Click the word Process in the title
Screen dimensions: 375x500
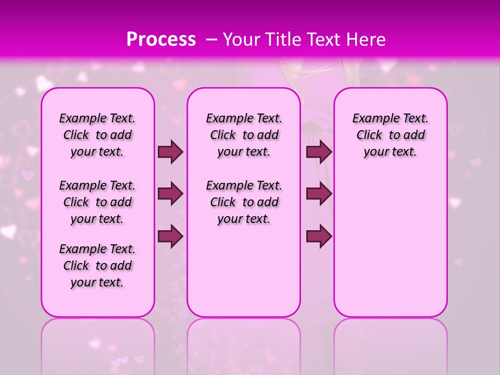coord(161,40)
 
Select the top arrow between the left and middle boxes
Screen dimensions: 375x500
coord(170,152)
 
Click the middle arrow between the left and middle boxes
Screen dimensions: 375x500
coord(170,194)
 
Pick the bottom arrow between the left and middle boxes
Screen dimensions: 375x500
coord(170,236)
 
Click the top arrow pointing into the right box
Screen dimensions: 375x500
coord(319,152)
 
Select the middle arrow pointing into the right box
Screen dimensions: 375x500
coord(319,194)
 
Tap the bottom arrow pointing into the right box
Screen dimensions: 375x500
coord(319,236)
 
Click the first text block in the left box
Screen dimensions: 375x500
coord(97,135)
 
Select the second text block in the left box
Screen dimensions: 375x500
coord(97,202)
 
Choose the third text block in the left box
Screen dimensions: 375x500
coord(97,266)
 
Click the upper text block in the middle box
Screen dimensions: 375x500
coord(244,135)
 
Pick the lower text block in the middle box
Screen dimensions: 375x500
coord(244,202)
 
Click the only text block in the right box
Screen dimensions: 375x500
coord(390,135)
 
